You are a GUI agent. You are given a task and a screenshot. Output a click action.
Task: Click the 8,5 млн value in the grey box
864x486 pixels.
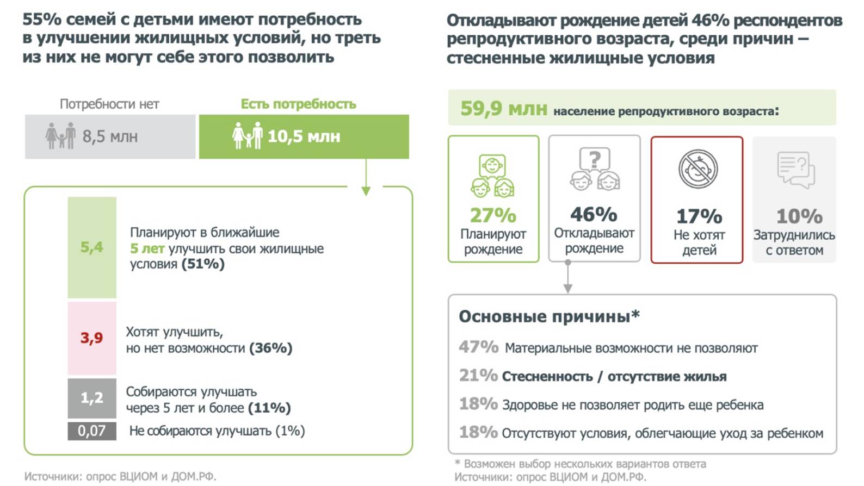(x=110, y=136)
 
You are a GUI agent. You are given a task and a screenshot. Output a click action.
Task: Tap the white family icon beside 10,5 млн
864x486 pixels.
(x=247, y=135)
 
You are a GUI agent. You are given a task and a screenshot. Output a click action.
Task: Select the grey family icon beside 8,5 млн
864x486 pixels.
(x=60, y=135)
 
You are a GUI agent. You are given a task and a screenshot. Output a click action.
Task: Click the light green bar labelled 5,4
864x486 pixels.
(x=92, y=247)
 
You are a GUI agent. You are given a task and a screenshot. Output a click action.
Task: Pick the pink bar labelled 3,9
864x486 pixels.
(x=92, y=338)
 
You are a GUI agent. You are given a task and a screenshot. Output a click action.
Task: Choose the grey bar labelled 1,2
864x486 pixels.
(x=92, y=398)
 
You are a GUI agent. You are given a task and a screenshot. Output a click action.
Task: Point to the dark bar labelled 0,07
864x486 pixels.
(x=92, y=431)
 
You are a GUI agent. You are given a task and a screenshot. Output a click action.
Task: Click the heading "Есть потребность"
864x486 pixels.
(x=298, y=104)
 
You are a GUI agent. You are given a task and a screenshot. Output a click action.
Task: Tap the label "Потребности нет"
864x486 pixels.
(x=109, y=104)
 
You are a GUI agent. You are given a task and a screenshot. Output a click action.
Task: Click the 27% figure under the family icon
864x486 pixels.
(x=493, y=215)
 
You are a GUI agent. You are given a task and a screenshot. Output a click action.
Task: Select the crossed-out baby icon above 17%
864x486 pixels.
(x=698, y=169)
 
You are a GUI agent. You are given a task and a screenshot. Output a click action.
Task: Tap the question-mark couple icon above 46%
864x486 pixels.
(x=595, y=169)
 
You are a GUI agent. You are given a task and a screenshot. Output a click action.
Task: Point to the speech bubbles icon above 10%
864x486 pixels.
(x=795, y=169)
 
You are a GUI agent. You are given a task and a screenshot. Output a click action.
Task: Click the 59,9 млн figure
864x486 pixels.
(x=503, y=109)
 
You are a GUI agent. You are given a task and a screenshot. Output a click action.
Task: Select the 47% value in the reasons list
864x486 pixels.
(x=478, y=347)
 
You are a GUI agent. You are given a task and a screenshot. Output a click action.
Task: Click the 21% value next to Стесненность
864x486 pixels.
(x=478, y=375)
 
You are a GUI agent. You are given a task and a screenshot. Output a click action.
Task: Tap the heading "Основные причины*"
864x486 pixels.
(x=548, y=316)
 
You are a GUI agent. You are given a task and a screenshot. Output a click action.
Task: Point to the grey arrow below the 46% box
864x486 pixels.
(x=567, y=280)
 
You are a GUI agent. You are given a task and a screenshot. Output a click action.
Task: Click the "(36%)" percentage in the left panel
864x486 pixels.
(x=270, y=348)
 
